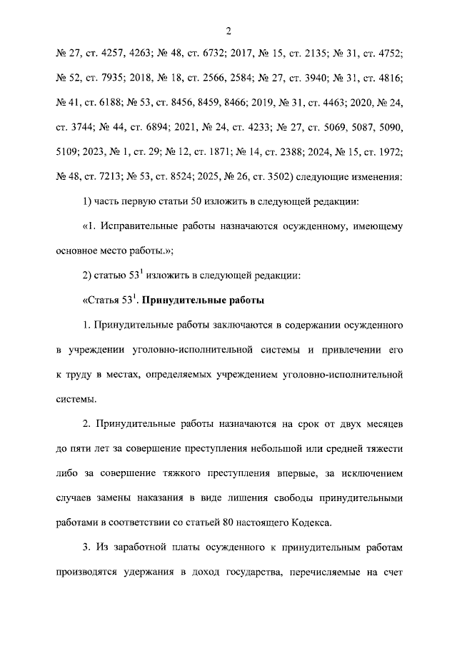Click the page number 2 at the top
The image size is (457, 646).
tap(228, 30)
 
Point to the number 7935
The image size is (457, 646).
tap(114, 78)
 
